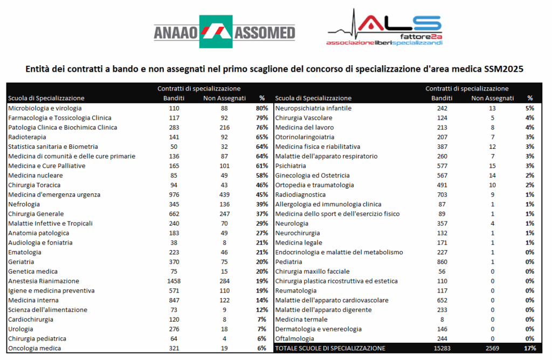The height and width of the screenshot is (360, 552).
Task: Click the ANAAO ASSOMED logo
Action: pyautogui.click(x=224, y=32)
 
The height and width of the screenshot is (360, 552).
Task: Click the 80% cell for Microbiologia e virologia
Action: pyautogui.click(x=262, y=108)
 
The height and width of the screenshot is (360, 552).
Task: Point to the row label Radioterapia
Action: pyautogui.click(x=27, y=137)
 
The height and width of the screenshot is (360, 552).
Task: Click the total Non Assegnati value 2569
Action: pyautogui.click(x=493, y=348)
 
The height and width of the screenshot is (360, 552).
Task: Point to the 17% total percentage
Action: pyautogui.click(x=529, y=348)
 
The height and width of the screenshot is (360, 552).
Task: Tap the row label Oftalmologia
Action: pyautogui.click(x=294, y=338)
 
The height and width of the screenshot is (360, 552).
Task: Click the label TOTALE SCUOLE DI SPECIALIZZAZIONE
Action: pyautogui.click(x=330, y=348)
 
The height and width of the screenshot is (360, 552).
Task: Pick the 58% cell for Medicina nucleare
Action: pyautogui.click(x=262, y=175)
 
